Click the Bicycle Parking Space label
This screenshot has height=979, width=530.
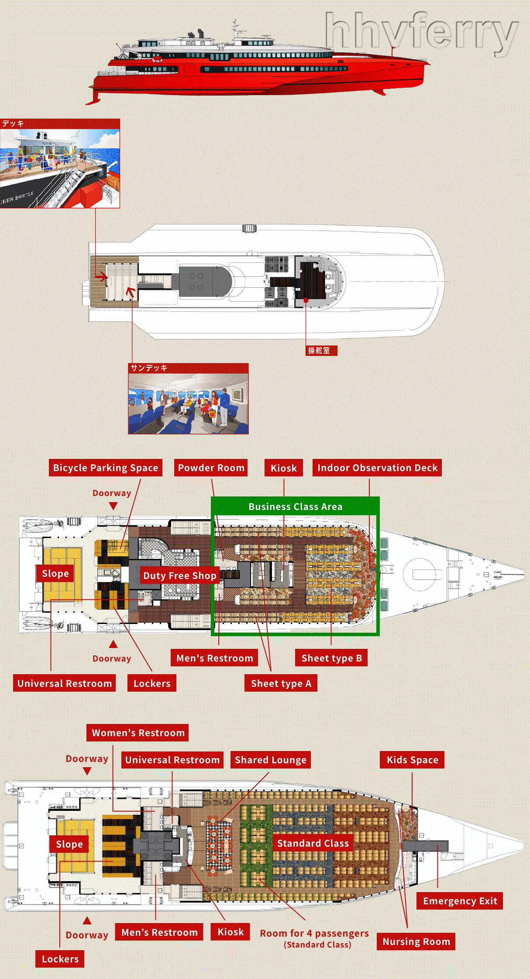point(105,468)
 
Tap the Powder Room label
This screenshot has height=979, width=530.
point(211,468)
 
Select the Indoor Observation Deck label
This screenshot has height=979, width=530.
point(377,468)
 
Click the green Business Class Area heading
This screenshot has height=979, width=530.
point(295,507)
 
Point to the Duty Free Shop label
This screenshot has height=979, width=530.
point(179,576)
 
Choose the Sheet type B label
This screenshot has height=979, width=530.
point(331,658)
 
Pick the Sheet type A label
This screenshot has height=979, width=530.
point(281,683)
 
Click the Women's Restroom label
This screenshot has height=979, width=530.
point(138,733)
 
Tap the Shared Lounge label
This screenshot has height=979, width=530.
point(270,760)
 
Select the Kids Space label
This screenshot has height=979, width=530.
point(412,760)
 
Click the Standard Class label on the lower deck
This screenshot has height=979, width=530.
point(313,843)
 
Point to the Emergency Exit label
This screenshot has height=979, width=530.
point(460,901)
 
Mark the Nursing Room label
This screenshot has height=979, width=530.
point(416,941)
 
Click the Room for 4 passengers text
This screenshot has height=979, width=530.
point(314,933)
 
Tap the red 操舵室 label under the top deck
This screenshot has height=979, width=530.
point(321,351)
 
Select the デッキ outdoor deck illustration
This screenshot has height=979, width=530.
point(60,168)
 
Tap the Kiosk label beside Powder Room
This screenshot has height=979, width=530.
point(283,468)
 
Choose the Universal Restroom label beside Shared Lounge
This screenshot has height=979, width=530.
point(172,760)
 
